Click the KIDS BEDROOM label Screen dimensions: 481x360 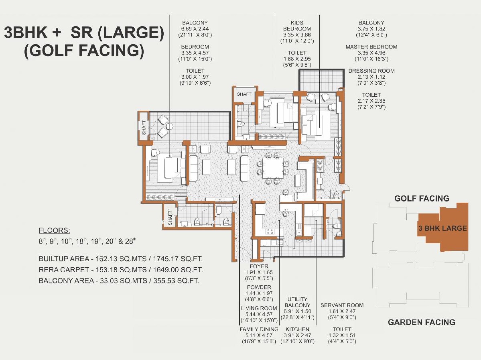click(x=297, y=25)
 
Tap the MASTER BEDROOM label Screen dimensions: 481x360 click(x=371, y=47)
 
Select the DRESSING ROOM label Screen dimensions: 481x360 click(x=371, y=71)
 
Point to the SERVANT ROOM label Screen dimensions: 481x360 click(x=342, y=305)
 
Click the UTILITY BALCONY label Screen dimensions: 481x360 click(x=297, y=302)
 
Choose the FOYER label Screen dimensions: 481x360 click(x=259, y=266)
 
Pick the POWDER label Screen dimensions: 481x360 click(x=259, y=287)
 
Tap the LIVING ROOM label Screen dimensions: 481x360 click(x=259, y=308)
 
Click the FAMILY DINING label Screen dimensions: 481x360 click(x=259, y=329)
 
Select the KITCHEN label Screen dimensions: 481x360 click(x=297, y=329)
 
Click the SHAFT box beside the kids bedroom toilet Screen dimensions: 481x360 click(x=244, y=94)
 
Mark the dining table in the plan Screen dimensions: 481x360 click(x=273, y=168)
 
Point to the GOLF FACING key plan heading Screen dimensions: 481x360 click(x=422, y=198)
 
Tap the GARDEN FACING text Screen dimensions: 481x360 click(x=422, y=322)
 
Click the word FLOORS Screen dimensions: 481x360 click(x=54, y=230)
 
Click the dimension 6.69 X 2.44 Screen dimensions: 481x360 click(x=195, y=28)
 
